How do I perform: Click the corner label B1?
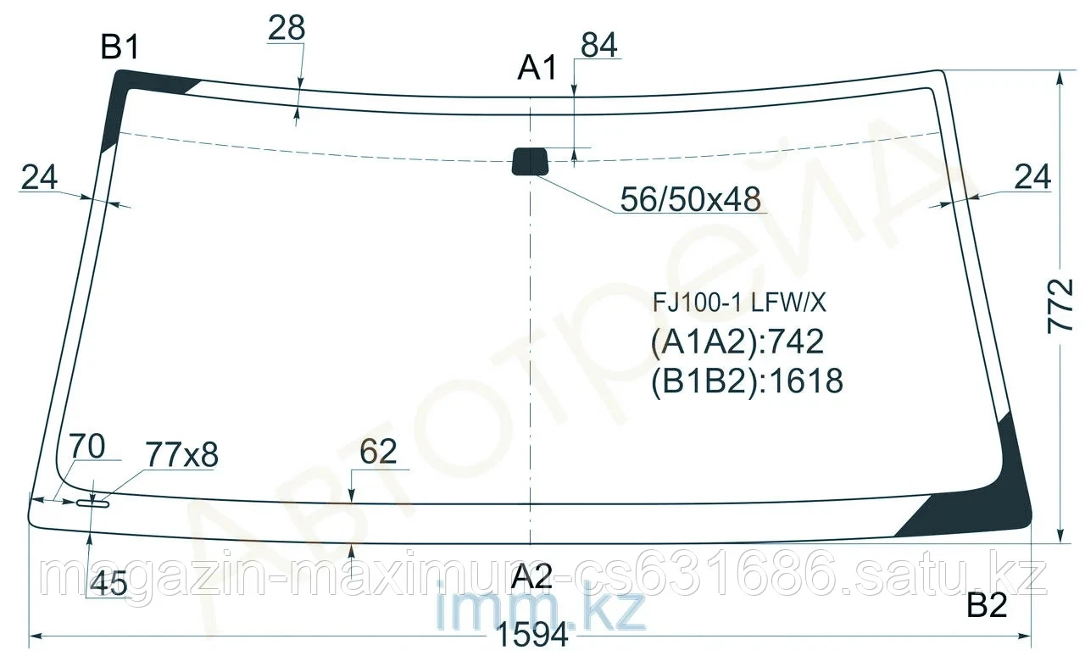click(x=120, y=48)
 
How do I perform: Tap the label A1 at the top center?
click(x=537, y=68)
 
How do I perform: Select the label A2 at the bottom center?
click(x=531, y=578)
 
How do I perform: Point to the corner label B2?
click(x=987, y=606)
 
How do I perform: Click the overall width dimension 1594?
click(x=533, y=635)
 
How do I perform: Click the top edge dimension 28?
click(x=287, y=29)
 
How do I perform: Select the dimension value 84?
click(x=599, y=46)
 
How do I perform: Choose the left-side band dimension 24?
click(x=39, y=177)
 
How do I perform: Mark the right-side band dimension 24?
click(x=1032, y=177)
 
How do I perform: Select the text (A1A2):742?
click(x=737, y=342)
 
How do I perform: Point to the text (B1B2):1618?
click(x=748, y=381)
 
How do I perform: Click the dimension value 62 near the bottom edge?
click(x=378, y=453)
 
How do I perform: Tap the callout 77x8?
click(x=181, y=456)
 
